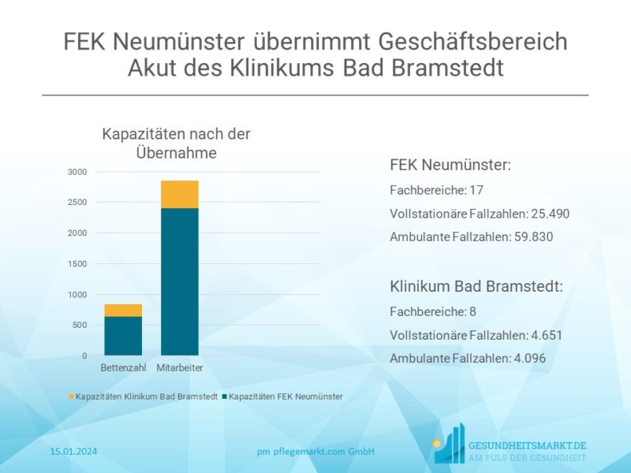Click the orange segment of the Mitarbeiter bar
click(179, 194)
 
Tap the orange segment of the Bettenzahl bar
click(123, 310)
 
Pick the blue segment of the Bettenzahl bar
click(123, 335)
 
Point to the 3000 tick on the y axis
click(77, 172)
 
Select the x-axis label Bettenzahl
click(123, 368)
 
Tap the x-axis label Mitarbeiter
click(180, 368)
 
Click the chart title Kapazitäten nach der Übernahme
click(176, 143)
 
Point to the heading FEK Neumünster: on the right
click(450, 166)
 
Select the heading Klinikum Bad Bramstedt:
click(476, 286)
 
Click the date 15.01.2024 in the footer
click(73, 452)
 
